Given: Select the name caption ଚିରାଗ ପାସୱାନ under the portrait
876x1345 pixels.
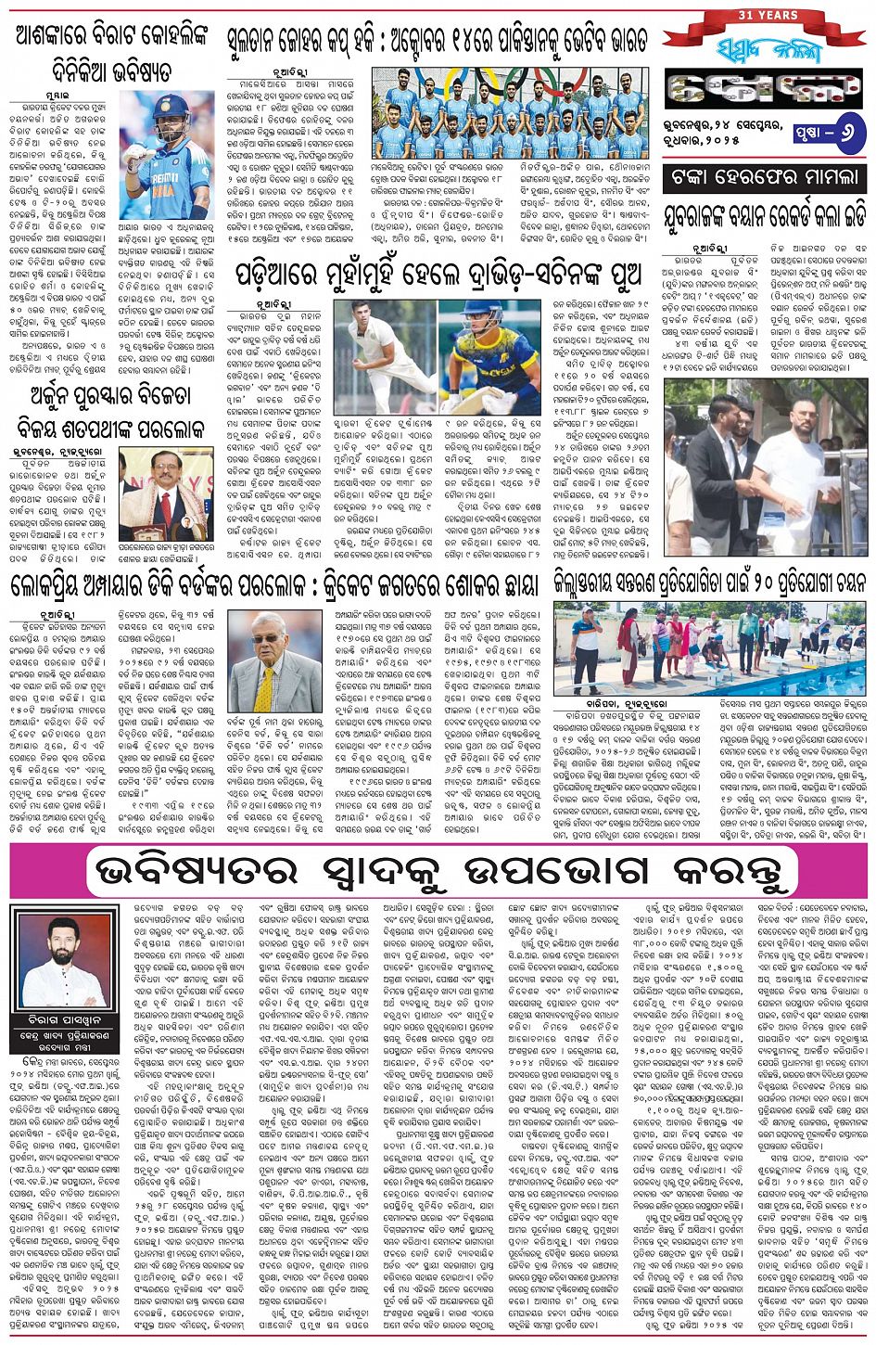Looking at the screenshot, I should [64, 1019].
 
